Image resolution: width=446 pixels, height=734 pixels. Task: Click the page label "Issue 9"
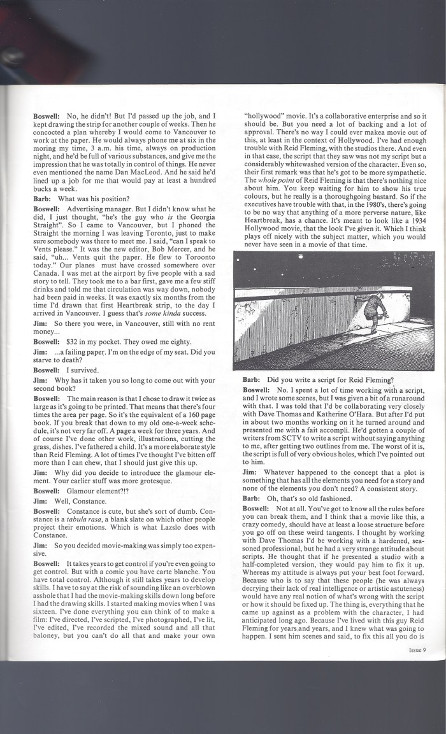coord(417,650)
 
